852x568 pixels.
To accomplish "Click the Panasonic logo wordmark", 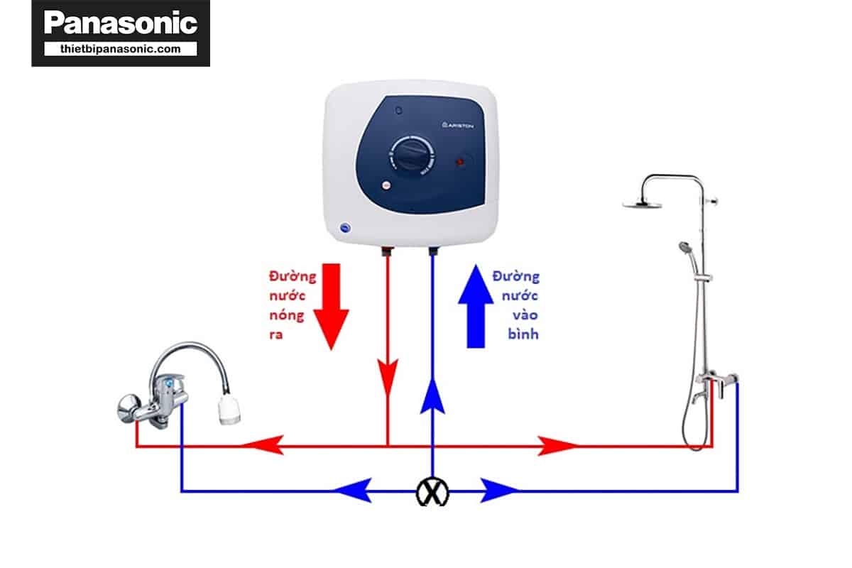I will (120, 23).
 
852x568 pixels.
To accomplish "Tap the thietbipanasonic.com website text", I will (120, 49).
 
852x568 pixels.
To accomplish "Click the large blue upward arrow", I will (479, 305).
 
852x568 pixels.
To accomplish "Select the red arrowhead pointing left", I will (263, 446).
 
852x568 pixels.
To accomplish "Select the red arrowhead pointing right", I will (558, 446).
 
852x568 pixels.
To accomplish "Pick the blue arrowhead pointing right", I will (500, 489).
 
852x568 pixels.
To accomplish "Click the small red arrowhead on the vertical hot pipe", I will (388, 377).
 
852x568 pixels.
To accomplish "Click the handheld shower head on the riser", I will (684, 247).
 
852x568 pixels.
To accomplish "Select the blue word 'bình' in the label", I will (523, 334).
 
